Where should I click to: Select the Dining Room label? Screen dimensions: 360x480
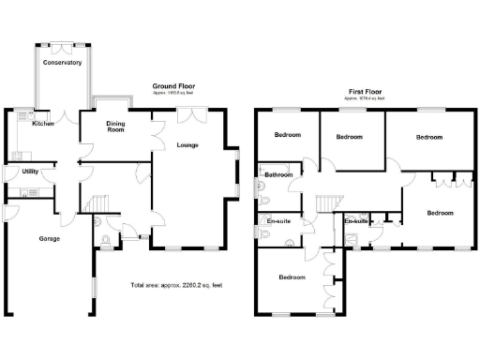(x=115, y=128)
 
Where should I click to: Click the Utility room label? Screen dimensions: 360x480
(x=30, y=172)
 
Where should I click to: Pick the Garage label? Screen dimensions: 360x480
(x=49, y=239)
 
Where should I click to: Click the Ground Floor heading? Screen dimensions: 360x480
(x=172, y=86)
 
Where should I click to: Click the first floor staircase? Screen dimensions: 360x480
(x=325, y=203)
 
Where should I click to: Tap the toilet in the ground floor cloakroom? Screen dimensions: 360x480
(x=103, y=242)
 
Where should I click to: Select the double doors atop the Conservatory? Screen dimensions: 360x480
(x=62, y=45)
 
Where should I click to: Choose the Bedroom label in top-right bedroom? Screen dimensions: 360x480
(x=428, y=137)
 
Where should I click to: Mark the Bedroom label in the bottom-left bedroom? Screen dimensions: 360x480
(x=292, y=277)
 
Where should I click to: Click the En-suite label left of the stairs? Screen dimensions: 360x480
(x=278, y=221)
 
